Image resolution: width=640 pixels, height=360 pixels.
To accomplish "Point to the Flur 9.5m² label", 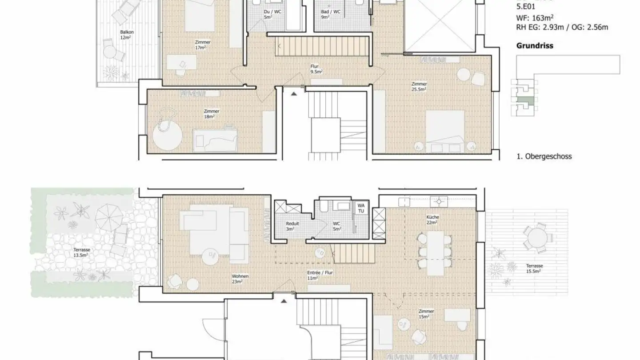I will point(316,69).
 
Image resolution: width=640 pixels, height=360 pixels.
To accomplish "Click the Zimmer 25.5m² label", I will point(419,86).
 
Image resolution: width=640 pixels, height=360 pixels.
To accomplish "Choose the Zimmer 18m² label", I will point(212,114).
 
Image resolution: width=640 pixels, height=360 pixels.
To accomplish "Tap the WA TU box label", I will point(361,208).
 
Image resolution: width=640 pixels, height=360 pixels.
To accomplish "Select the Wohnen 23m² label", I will point(240,279).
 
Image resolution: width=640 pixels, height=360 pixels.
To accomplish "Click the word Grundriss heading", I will point(535,46).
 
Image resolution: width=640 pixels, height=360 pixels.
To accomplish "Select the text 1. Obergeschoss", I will point(544,156).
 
